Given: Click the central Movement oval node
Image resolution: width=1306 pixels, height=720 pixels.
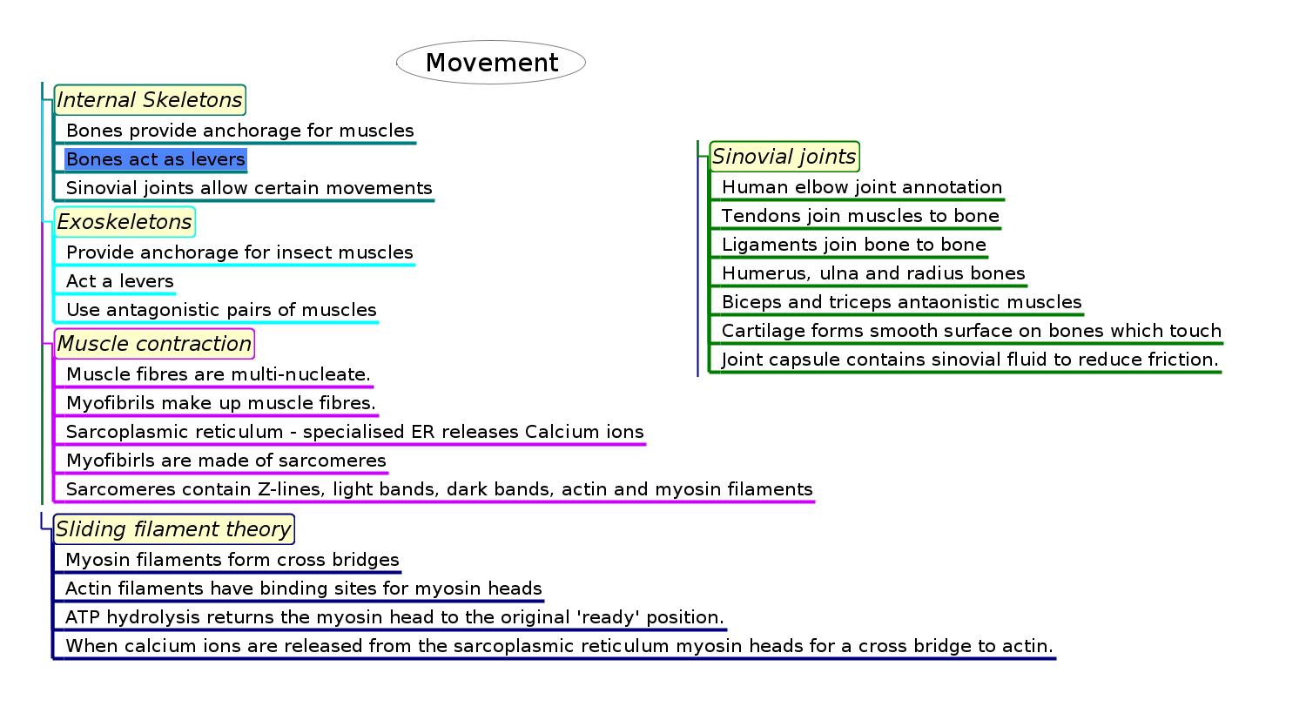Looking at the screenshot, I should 491,63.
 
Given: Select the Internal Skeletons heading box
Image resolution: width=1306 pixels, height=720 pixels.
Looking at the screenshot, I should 150,100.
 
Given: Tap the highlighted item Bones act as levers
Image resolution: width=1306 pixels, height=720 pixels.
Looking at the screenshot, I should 156,159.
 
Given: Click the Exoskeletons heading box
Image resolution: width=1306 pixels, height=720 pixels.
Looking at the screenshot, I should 125,222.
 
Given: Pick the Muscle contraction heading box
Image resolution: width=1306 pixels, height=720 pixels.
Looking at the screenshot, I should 154,344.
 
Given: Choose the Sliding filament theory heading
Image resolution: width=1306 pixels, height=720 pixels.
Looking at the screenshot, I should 173,529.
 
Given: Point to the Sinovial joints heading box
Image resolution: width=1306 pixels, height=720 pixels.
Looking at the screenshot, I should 784,157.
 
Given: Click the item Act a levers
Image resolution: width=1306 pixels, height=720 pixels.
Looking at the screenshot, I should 120,281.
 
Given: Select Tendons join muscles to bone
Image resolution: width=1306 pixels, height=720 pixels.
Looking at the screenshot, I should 860,216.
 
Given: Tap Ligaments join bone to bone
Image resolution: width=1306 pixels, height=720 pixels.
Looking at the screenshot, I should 854,245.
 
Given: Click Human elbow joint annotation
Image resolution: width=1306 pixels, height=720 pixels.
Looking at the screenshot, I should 862,187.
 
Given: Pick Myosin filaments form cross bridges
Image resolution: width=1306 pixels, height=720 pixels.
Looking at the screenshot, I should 232,560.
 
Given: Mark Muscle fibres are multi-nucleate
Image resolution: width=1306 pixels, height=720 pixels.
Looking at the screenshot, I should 219,374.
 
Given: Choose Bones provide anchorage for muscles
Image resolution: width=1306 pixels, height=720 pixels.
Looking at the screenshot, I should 240,131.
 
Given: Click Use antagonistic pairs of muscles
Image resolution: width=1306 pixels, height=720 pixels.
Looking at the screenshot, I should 221,310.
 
